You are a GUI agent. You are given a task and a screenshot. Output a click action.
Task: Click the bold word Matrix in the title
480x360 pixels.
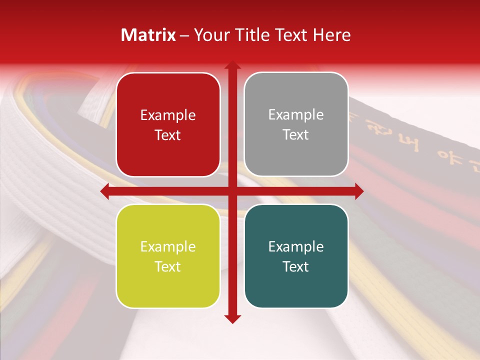point(148,34)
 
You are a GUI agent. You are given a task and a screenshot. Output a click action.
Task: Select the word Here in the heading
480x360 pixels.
point(331,34)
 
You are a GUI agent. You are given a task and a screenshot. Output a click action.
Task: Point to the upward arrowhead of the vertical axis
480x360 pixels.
point(232,65)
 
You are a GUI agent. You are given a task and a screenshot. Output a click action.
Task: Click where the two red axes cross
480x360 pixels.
point(232,191)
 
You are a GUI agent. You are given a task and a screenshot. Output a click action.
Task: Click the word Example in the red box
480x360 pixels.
point(168,115)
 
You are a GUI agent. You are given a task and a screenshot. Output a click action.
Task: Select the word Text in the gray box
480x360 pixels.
point(296,135)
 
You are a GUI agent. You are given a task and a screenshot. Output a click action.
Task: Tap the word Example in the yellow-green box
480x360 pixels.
point(168,247)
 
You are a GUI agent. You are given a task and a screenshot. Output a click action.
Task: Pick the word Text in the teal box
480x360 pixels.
point(296,266)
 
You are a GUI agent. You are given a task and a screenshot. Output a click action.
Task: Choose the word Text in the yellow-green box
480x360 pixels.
point(168,266)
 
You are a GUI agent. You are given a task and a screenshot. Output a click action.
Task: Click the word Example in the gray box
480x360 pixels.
point(296,115)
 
